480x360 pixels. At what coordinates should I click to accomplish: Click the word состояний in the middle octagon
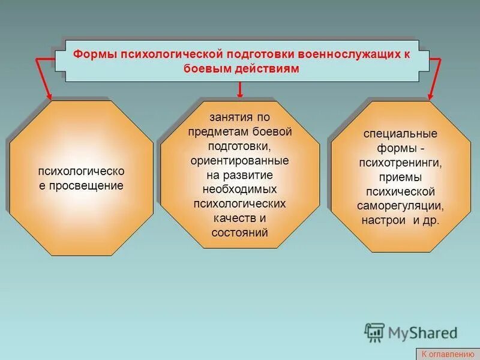click(x=239, y=232)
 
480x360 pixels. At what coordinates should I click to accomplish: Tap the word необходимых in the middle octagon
click(x=239, y=189)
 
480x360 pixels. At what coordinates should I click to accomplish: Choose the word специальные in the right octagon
click(x=400, y=133)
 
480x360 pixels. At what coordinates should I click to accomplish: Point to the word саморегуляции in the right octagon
click(x=400, y=206)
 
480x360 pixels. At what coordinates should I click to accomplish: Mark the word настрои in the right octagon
click(x=382, y=220)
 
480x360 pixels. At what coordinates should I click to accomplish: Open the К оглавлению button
click(x=447, y=354)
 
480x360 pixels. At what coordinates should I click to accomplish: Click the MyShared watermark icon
click(x=375, y=332)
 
